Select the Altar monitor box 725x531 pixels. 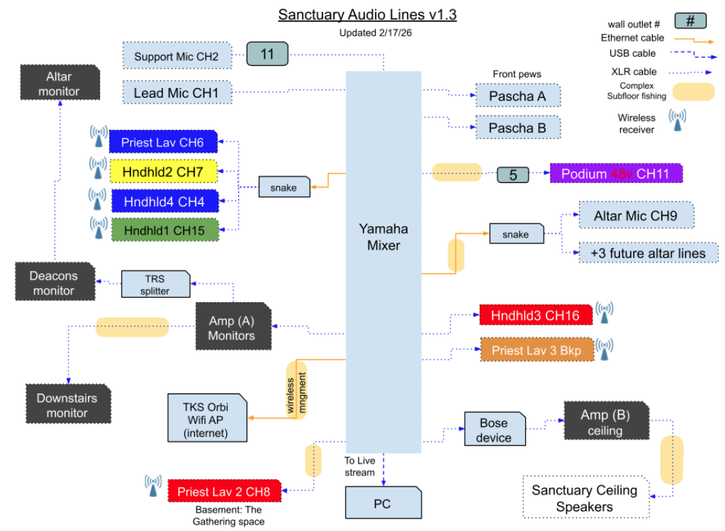(x=60, y=84)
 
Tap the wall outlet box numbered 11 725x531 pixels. (x=267, y=54)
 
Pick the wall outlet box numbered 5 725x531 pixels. (x=514, y=174)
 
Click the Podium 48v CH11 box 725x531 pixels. (x=616, y=174)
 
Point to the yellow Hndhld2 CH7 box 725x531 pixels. (x=162, y=172)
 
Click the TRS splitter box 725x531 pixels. (x=154, y=284)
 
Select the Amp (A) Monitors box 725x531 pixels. (x=232, y=328)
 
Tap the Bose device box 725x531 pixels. (x=493, y=430)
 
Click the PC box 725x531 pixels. (x=383, y=504)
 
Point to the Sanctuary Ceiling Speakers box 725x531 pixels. (x=584, y=498)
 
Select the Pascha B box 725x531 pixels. (x=517, y=128)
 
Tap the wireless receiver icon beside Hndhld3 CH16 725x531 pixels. (x=605, y=313)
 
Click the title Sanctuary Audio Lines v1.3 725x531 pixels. (x=366, y=14)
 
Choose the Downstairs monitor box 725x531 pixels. (x=67, y=405)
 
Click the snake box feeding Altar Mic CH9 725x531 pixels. (x=516, y=235)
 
